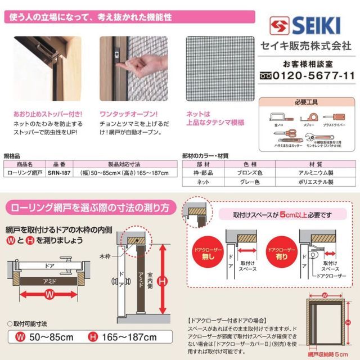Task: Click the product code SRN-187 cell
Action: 58,173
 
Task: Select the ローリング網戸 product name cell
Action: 24,173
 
